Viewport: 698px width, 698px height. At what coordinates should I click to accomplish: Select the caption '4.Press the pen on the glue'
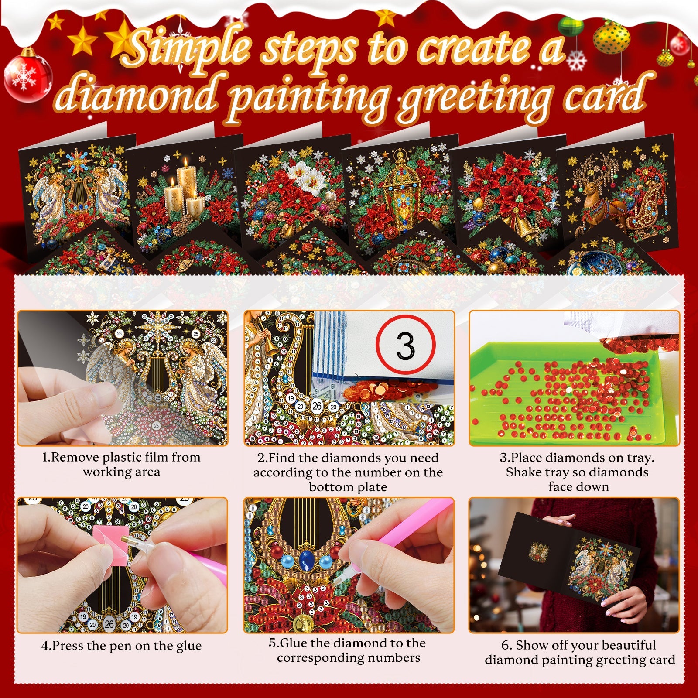121,646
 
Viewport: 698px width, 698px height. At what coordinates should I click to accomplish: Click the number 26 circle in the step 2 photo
317,406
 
